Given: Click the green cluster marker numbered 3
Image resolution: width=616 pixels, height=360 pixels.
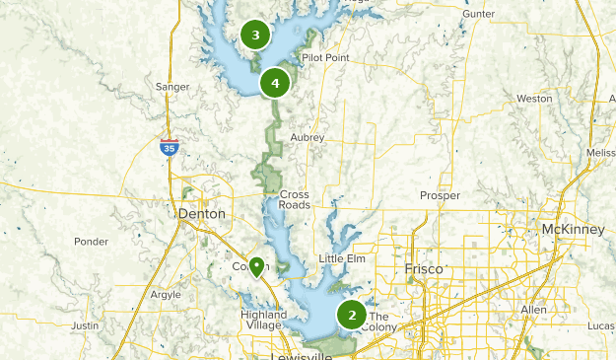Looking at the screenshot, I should coord(256,36).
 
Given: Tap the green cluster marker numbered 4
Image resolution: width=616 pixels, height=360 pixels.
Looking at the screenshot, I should coord(275,83).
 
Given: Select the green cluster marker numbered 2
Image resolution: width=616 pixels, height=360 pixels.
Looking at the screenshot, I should coord(352,315).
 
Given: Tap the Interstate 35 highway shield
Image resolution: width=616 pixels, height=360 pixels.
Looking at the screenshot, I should coord(170,148).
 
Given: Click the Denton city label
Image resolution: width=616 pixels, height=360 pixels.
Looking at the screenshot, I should coord(201,213).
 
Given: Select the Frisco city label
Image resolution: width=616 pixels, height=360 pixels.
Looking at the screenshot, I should coord(425,268).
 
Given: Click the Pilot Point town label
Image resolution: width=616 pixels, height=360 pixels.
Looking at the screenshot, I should coord(326,59).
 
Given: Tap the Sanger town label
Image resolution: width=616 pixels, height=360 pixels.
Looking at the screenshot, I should coord(172,87).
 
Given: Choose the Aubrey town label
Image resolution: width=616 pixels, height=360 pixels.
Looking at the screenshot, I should coord(308,137).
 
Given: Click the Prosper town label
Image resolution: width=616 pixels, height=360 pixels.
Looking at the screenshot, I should coord(440,195).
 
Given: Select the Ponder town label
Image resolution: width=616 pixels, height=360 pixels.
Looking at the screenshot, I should coord(91,241).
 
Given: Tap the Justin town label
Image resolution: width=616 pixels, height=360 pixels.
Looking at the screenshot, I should coord(86,324).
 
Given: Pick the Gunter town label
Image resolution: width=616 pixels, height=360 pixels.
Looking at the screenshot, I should coord(477,15).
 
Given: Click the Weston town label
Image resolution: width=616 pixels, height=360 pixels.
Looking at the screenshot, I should coord(534,99).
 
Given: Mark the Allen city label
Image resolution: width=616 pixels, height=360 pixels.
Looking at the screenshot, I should coord(533,310).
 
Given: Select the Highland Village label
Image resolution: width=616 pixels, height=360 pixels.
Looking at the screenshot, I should coord(263,320).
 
